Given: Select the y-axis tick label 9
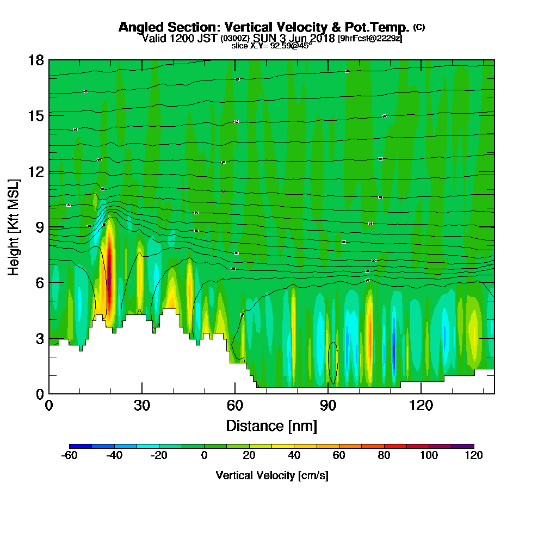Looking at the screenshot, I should [39, 227].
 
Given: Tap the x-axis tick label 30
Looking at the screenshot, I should [142, 406].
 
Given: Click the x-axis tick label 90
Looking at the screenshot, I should [327, 406].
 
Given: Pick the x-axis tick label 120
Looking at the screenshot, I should [421, 406].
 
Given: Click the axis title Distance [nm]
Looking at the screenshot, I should [271, 425].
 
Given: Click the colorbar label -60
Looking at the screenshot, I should [69, 455].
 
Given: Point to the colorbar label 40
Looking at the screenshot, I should [294, 455].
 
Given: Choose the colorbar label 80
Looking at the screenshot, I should [384, 455].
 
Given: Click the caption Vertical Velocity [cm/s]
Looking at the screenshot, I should [271, 475].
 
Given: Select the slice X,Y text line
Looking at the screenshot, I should [271, 46].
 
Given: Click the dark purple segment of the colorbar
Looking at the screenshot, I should [462, 446].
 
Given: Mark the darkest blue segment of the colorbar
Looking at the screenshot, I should [81, 446].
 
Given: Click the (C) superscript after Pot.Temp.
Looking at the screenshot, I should [419, 27].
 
